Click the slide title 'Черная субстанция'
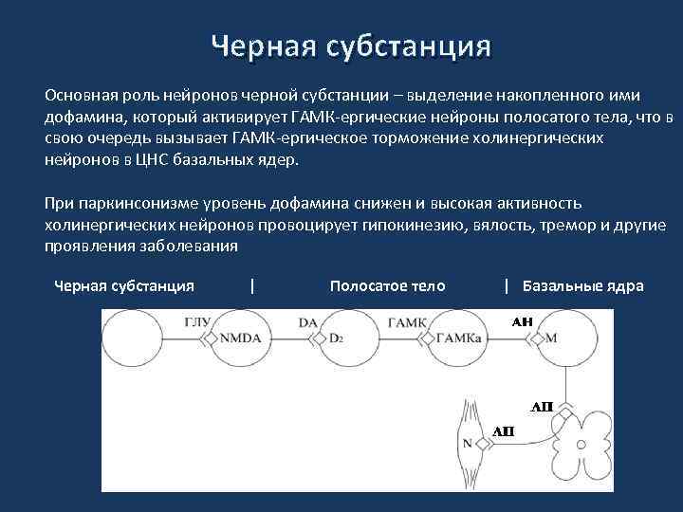[351, 46]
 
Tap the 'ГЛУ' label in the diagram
[197, 322]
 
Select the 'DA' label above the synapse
[307, 322]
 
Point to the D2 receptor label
[335, 338]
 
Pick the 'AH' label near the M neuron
[523, 322]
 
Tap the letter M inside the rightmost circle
[552, 338]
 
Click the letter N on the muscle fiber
[467, 442]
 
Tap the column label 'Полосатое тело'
[387, 285]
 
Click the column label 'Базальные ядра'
[582, 285]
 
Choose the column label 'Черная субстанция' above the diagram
[124, 285]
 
